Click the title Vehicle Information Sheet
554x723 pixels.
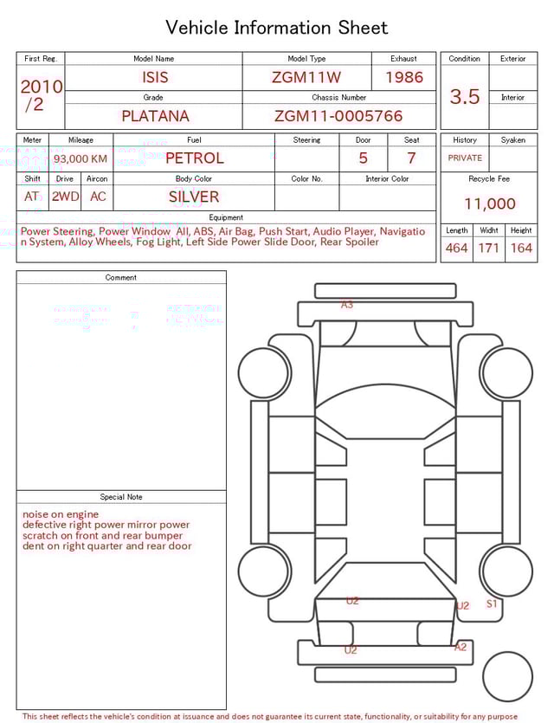pyautogui.click(x=277, y=28)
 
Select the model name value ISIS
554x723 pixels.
pyautogui.click(x=155, y=77)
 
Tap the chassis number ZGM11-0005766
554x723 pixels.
pyautogui.click(x=338, y=116)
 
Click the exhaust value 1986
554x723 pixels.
pyautogui.click(x=404, y=77)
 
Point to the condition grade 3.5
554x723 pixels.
pyautogui.click(x=465, y=97)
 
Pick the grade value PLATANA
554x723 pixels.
pyautogui.click(x=155, y=116)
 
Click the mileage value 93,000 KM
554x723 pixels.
pyautogui.click(x=81, y=159)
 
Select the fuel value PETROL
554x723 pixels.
pyautogui.click(x=194, y=158)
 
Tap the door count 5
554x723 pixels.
pyautogui.click(x=363, y=158)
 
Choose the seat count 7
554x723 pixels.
pyautogui.click(x=411, y=158)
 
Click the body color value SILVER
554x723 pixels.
pyautogui.click(x=194, y=197)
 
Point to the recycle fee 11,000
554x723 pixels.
pyautogui.click(x=490, y=204)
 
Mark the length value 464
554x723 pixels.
pyautogui.click(x=456, y=249)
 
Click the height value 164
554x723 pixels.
pyautogui.click(x=521, y=249)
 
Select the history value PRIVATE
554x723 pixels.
pyautogui.click(x=465, y=158)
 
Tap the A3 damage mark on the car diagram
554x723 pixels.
pyautogui.click(x=347, y=305)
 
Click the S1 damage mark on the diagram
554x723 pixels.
pyautogui.click(x=492, y=604)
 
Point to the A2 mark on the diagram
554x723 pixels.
pyautogui.click(x=461, y=647)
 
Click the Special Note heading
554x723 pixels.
pyautogui.click(x=121, y=497)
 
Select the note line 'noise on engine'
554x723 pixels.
pyautogui.click(x=61, y=514)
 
